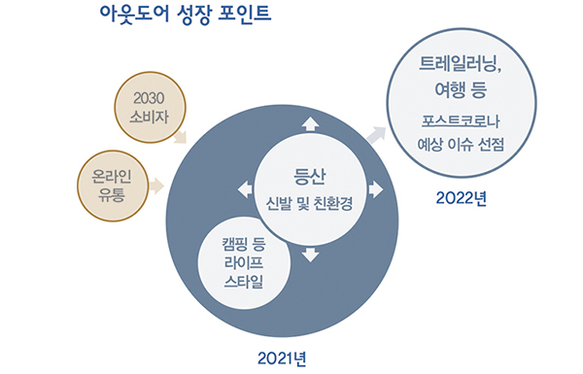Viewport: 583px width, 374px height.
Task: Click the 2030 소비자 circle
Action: [x=144, y=106]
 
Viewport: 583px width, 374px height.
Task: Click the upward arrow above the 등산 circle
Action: [x=310, y=123]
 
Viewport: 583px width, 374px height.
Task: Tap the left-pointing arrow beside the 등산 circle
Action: [x=243, y=189]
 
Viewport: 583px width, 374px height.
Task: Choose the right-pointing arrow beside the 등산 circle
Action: [x=376, y=189]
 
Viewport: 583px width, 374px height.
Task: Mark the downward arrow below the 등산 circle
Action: [x=310, y=255]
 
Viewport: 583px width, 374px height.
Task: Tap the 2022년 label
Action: [x=462, y=199]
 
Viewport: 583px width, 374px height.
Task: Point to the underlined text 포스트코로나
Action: [x=462, y=122]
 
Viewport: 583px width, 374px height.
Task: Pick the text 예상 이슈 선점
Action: [x=461, y=147]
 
